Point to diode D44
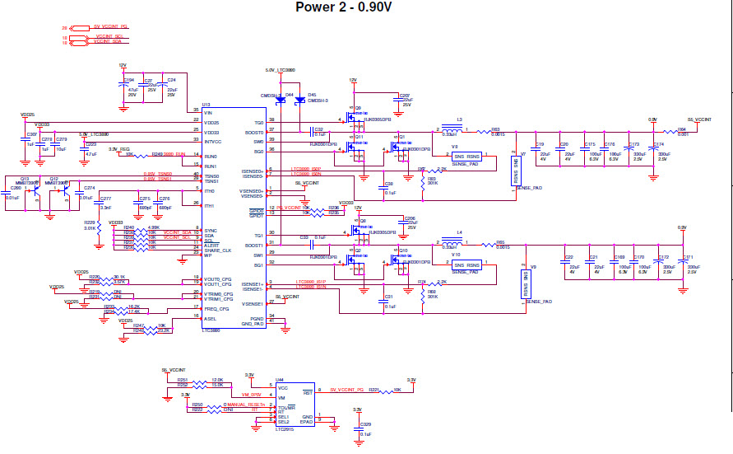click(283, 101)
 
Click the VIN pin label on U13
click(209, 112)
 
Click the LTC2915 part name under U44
click(285, 429)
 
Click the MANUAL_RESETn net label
click(245, 405)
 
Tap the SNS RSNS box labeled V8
click(466, 156)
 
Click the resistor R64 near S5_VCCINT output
click(681, 131)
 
